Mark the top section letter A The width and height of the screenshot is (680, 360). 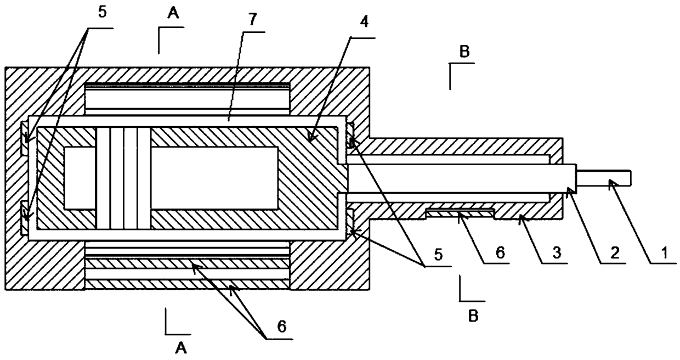tap(173, 15)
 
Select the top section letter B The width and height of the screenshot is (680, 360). tap(464, 52)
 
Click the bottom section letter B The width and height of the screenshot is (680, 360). tap(473, 316)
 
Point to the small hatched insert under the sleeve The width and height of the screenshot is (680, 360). tap(460, 212)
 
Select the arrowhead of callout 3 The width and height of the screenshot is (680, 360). tap(520, 218)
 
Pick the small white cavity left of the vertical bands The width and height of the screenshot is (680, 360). tap(80, 178)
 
